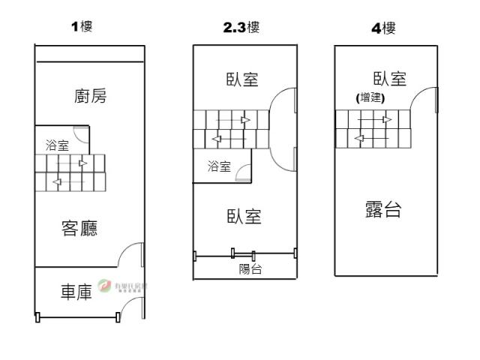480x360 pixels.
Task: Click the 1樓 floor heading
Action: point(82,28)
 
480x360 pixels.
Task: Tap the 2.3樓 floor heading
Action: point(241,28)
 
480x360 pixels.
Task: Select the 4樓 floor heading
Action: point(383,28)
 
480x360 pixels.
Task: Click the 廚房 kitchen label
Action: point(90,96)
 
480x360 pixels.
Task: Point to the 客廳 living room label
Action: point(80,228)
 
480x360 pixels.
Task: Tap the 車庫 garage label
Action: point(76,292)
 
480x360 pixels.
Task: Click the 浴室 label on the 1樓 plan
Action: point(57,145)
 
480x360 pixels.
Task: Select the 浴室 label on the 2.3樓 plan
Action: point(219,166)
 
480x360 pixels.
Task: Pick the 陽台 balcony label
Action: point(250,269)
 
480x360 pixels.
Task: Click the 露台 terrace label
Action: point(382,209)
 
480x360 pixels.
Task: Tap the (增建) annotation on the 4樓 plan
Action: point(370,97)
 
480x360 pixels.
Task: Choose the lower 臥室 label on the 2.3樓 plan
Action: point(244,217)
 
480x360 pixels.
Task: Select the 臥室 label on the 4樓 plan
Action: point(389,79)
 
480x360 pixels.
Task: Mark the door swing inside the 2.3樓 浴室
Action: point(243,175)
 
